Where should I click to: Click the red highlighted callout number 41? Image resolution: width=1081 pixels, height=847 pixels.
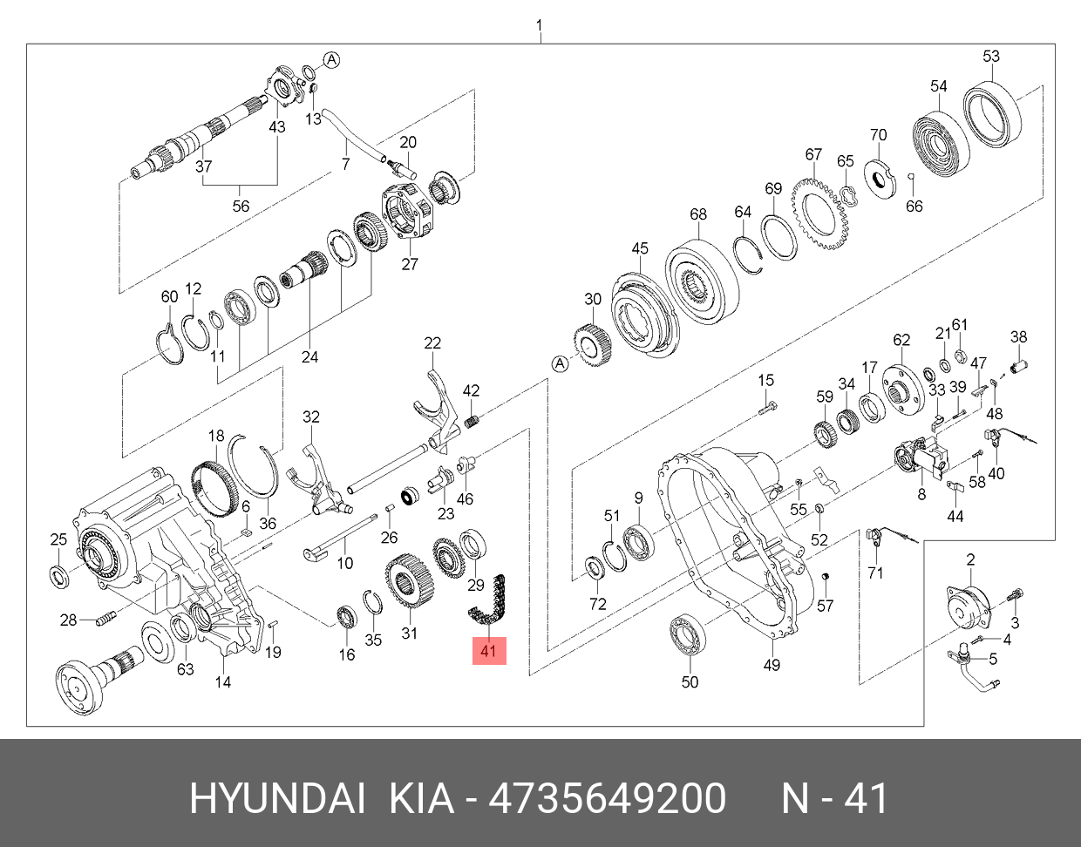489,650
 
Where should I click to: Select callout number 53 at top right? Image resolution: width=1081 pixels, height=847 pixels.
991,57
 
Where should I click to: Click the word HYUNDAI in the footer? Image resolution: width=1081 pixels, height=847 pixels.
277,798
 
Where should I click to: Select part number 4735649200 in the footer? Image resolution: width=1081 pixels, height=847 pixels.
607,798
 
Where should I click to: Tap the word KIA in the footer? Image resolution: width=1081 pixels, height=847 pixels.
421,798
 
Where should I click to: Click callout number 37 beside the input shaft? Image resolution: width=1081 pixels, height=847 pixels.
203,166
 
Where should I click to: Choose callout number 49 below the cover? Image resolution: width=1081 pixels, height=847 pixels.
772,665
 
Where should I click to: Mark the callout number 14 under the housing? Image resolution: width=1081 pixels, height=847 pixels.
223,681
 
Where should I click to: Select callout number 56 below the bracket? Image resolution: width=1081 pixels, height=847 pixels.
241,207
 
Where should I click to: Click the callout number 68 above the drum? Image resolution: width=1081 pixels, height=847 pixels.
697,214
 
